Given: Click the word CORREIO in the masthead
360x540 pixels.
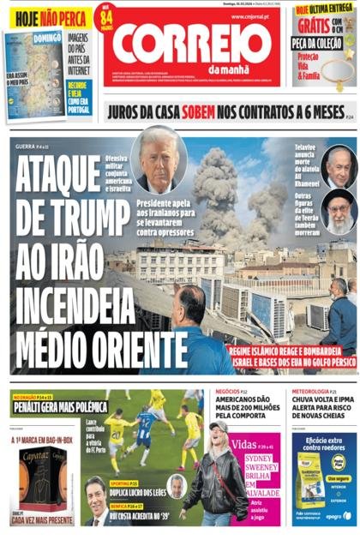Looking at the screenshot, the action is pos(191,43).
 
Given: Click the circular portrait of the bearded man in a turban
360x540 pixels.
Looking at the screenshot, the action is pos(339,209).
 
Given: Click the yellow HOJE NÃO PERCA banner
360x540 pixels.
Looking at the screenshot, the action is pos(47,17).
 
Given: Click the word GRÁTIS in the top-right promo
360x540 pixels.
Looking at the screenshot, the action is pos(311,23).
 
